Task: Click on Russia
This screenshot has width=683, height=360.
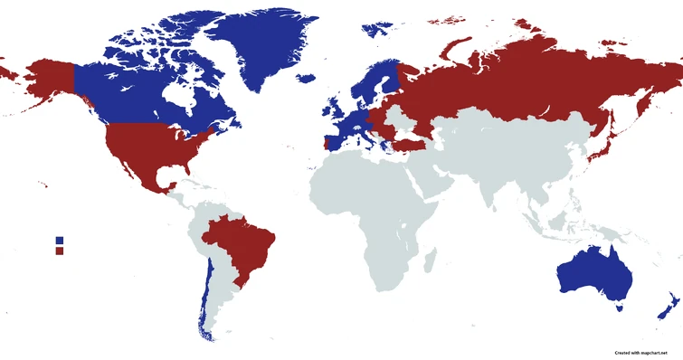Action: (507, 81)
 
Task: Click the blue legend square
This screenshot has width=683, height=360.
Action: (59, 240)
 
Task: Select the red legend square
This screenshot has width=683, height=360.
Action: (59, 251)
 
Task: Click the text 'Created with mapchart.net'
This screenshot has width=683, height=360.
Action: (646, 351)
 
